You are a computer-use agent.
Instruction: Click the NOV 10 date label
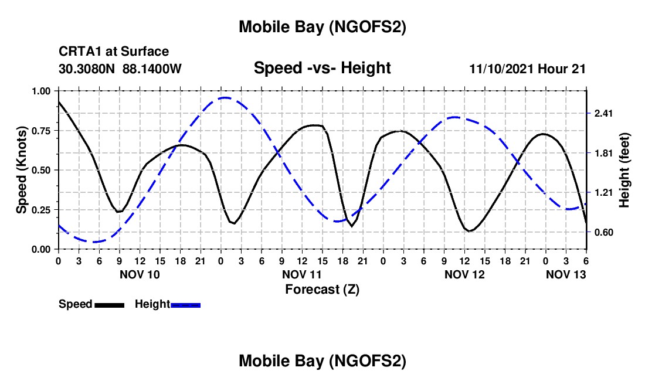click(x=140, y=274)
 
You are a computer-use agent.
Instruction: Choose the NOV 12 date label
click(x=464, y=274)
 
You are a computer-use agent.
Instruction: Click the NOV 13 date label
click(x=566, y=274)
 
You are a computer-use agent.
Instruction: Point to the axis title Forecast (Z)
click(x=322, y=289)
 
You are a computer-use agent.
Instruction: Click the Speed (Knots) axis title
click(x=21, y=170)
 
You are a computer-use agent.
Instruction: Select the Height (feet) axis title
click(x=624, y=170)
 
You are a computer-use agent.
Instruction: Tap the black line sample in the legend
click(x=110, y=305)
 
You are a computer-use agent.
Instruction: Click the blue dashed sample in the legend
click(x=186, y=305)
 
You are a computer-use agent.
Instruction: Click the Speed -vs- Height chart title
click(x=322, y=68)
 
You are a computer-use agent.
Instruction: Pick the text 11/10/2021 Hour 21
click(x=528, y=69)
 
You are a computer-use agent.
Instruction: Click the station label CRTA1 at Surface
click(x=114, y=52)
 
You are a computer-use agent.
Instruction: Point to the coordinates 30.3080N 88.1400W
click(x=120, y=69)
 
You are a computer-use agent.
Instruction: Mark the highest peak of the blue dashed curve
click(x=225, y=98)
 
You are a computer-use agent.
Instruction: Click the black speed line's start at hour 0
click(x=59, y=102)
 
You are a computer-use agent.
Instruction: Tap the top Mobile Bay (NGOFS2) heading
click(x=322, y=26)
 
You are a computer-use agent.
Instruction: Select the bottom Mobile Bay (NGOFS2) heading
click(x=322, y=361)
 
